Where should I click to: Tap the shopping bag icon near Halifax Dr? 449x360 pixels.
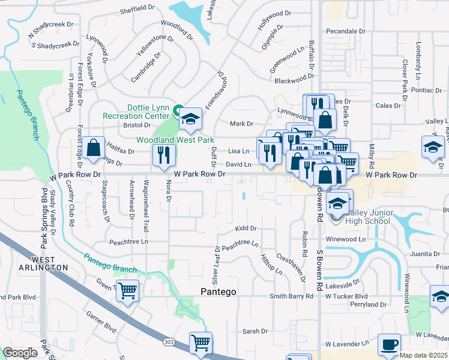click(94, 148)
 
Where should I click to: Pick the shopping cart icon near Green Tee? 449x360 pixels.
click(127, 292)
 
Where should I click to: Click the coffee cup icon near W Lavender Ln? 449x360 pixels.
click(389, 345)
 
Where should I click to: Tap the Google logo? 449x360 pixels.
click(20, 353)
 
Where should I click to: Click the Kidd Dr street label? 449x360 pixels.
click(246, 229)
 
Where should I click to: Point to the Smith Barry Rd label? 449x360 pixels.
click(292, 296)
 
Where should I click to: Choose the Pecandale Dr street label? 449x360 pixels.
click(346, 31)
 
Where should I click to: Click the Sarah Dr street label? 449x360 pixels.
click(255, 331)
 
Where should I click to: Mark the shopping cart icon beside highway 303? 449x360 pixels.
click(200, 344)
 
